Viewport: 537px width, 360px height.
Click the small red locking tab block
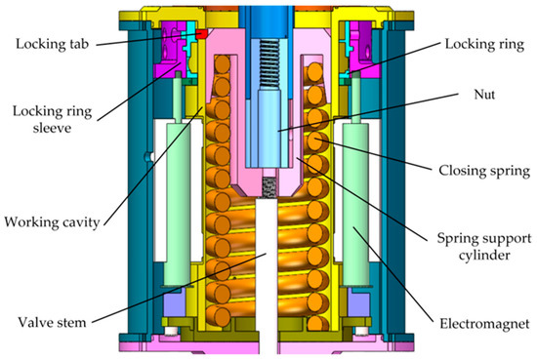click(201, 34)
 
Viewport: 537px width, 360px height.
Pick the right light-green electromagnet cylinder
click(355, 205)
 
